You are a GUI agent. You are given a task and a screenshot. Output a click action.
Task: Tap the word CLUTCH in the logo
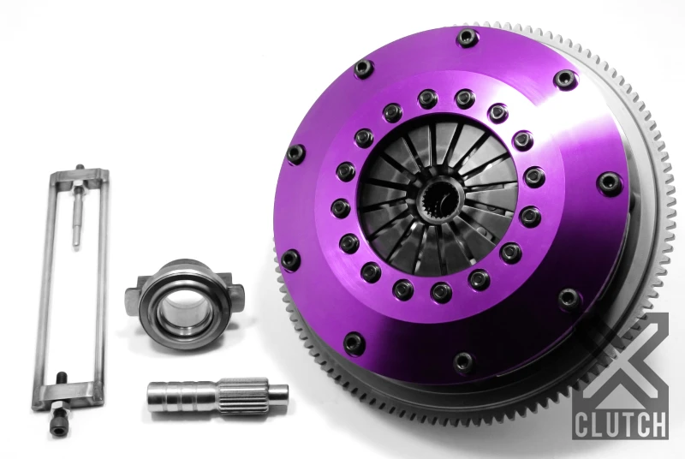pos(622,423)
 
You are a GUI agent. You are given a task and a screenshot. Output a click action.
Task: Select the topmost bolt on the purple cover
pos(467,37)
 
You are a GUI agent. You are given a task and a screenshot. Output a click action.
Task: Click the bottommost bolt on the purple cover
pos(463,361)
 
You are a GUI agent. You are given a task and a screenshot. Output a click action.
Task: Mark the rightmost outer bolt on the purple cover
pos(611,182)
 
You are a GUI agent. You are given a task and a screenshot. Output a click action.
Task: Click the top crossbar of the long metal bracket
pos(79,178)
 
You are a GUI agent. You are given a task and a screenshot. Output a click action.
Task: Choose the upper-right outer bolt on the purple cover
pos(564,80)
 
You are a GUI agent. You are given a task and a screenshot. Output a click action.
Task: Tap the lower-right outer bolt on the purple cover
pos(568,300)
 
